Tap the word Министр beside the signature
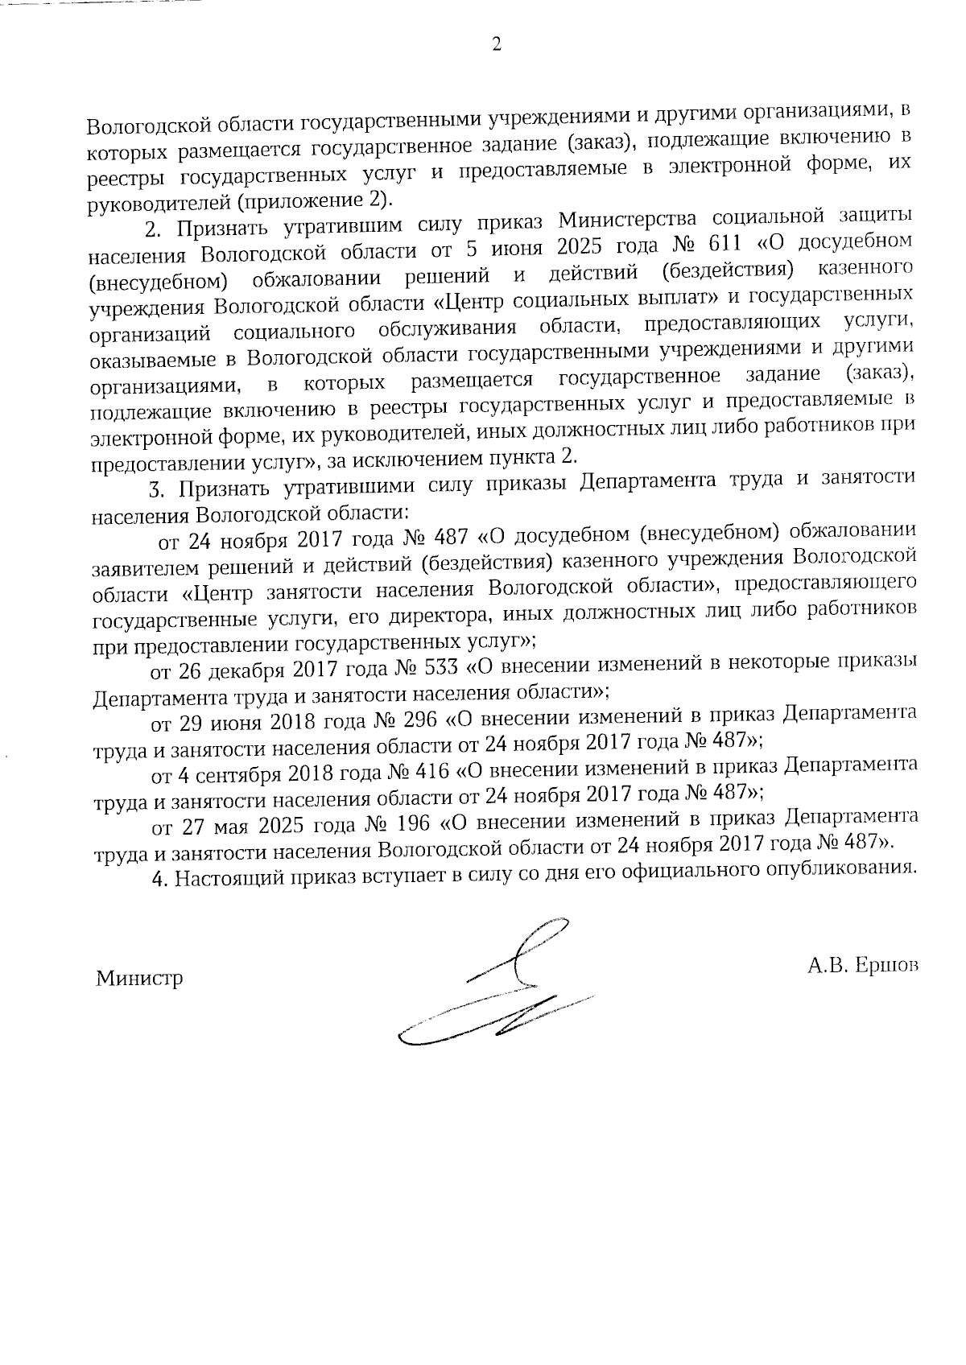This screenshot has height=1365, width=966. point(139,979)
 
